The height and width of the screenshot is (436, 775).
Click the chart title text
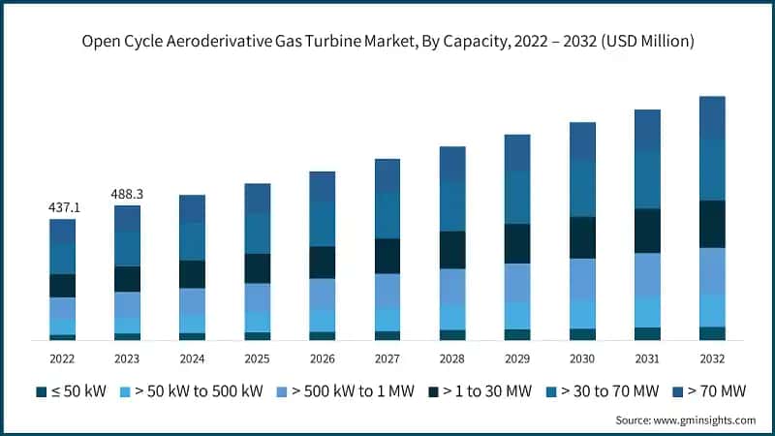coord(387,42)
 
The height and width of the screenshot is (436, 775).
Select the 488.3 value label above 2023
coord(127,195)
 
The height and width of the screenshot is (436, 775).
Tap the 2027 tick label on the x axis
coord(387,358)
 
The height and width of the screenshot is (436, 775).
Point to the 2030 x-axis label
coord(582,358)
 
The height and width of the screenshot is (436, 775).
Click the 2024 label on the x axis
coord(192,358)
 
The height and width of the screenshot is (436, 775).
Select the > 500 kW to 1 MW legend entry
coord(350,391)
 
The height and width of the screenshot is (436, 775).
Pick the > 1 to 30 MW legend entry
coord(481,391)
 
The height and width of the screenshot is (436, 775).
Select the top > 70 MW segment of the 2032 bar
coord(712,117)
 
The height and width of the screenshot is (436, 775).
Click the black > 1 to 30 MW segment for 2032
coord(712,224)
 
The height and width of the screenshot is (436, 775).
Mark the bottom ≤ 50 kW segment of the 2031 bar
coord(647,333)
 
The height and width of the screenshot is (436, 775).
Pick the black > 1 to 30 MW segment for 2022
coord(63,286)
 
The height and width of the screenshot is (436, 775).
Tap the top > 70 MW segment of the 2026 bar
coord(323,186)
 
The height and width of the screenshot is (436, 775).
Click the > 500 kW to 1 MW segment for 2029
coord(517,282)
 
